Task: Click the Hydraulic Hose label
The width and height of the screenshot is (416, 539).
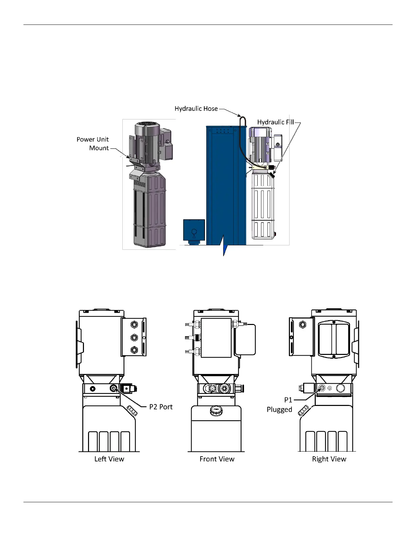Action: pyautogui.click(x=196, y=109)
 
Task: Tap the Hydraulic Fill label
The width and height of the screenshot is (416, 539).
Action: pyautogui.click(x=276, y=122)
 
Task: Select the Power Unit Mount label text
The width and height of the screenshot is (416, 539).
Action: pyautogui.click(x=93, y=144)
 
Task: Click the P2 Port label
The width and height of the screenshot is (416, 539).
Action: pyautogui.click(x=161, y=407)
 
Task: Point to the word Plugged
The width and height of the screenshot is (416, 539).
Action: pyautogui.click(x=279, y=409)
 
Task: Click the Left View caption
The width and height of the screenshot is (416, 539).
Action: pyautogui.click(x=109, y=459)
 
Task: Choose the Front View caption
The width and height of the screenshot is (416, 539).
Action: pyautogui.click(x=217, y=459)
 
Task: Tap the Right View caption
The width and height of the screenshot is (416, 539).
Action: pyautogui.click(x=329, y=459)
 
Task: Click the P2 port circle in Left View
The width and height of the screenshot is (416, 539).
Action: pyautogui.click(x=114, y=389)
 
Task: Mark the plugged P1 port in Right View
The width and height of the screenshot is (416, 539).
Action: pyautogui.click(x=322, y=388)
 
